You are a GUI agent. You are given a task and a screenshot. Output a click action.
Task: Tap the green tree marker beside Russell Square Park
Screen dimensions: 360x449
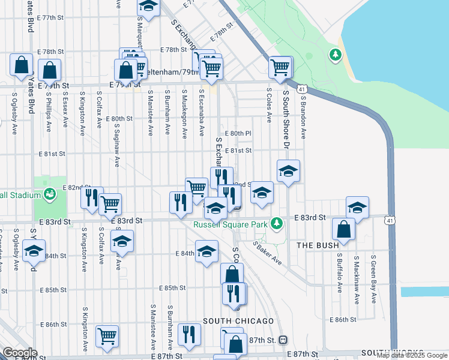click(276, 224)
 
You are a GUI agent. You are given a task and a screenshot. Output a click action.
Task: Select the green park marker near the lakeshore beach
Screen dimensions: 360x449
click(335, 56)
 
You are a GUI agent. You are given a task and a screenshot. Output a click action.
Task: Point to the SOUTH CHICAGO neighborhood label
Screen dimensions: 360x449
click(238, 322)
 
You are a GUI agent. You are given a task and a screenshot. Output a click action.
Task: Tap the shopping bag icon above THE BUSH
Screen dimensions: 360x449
click(343, 230)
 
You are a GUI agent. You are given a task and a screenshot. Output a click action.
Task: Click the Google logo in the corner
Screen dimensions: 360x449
click(20, 353)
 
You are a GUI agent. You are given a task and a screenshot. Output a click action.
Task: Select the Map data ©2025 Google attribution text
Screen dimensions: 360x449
click(412, 355)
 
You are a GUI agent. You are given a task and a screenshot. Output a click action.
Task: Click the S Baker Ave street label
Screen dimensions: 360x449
click(267, 253)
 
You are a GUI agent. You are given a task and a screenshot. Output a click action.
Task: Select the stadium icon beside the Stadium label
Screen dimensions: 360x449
click(50, 194)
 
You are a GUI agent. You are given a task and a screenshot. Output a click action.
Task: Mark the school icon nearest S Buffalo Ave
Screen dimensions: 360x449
click(358, 208)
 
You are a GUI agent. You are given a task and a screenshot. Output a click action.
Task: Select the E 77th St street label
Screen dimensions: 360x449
click(50, 17)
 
